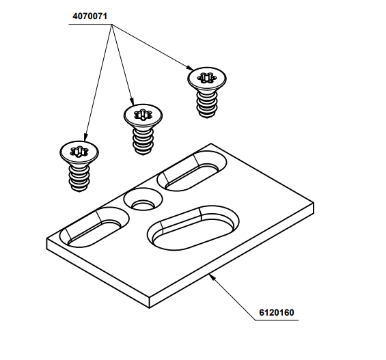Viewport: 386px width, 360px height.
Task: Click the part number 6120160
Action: tap(276, 313)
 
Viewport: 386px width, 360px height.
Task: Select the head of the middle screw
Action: tap(143, 116)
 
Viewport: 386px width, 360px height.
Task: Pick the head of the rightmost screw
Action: tap(206, 79)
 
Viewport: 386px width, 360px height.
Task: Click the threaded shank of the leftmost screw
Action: tap(81, 178)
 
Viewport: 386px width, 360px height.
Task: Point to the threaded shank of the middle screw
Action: tap(143, 140)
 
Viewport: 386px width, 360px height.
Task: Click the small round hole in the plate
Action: tap(143, 202)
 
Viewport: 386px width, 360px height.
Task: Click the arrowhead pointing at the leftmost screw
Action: tap(84, 137)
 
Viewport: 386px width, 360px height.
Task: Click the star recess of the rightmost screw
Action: tap(206, 78)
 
